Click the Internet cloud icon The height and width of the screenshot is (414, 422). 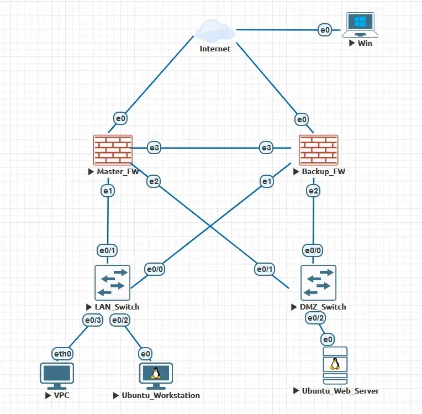coord(214,30)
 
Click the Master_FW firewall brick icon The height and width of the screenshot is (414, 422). coord(113,150)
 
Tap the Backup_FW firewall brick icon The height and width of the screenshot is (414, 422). coord(318,150)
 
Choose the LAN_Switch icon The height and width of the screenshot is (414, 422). coord(112,282)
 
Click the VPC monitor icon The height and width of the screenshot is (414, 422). coord(56,374)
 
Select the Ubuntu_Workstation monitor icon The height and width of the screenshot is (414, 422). coord(156,374)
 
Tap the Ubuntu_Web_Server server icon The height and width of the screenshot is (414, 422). coord(335,365)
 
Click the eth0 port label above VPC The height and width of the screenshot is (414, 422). coord(61,354)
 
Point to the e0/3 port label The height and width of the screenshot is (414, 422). coord(92,320)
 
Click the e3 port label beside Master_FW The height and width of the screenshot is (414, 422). coord(154,147)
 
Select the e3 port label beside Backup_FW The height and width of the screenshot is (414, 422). coord(267,147)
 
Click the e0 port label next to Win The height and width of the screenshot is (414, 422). coord(324,30)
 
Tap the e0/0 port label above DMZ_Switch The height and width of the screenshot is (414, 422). coord(313,250)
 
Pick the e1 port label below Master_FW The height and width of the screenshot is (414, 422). coord(107,191)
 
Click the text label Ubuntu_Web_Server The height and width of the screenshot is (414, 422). coord(340,391)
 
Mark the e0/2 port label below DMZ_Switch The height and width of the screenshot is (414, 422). coord(313,318)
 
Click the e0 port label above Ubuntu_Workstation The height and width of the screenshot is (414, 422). coord(145,354)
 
